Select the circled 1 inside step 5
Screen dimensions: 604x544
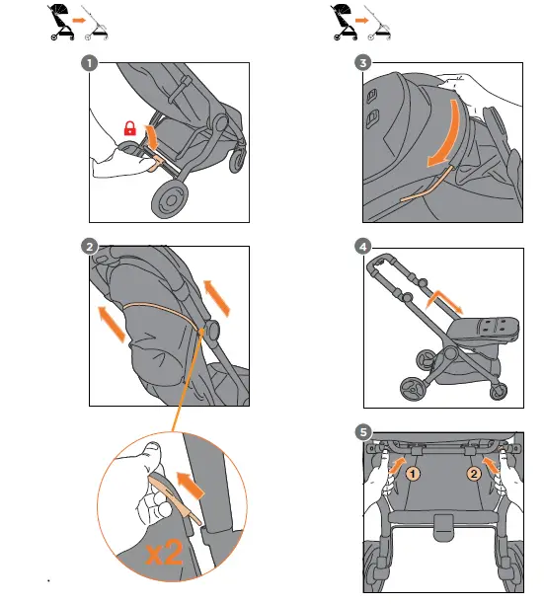pyautogui.click(x=415, y=473)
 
